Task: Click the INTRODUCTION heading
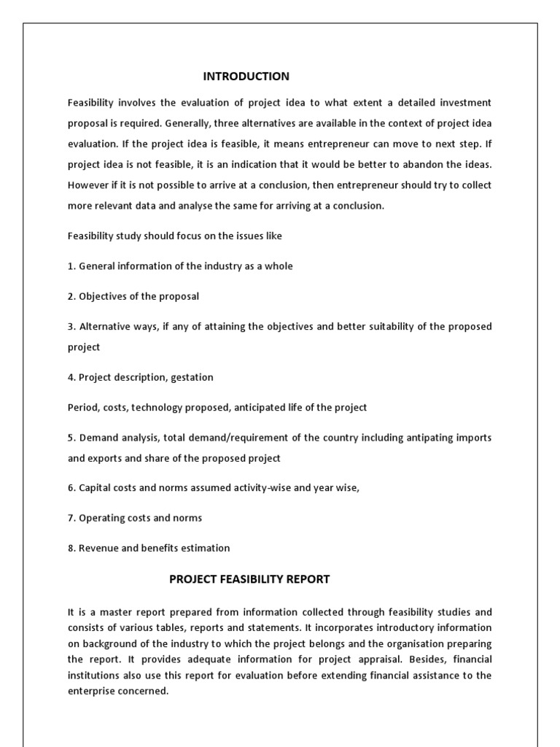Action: (246, 77)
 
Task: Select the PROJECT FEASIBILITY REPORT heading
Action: (249, 579)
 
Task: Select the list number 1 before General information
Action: (71, 266)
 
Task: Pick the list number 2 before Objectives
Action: (71, 296)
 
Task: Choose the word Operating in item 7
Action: (101, 518)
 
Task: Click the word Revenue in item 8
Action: (99, 548)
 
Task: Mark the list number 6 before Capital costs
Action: (71, 488)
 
